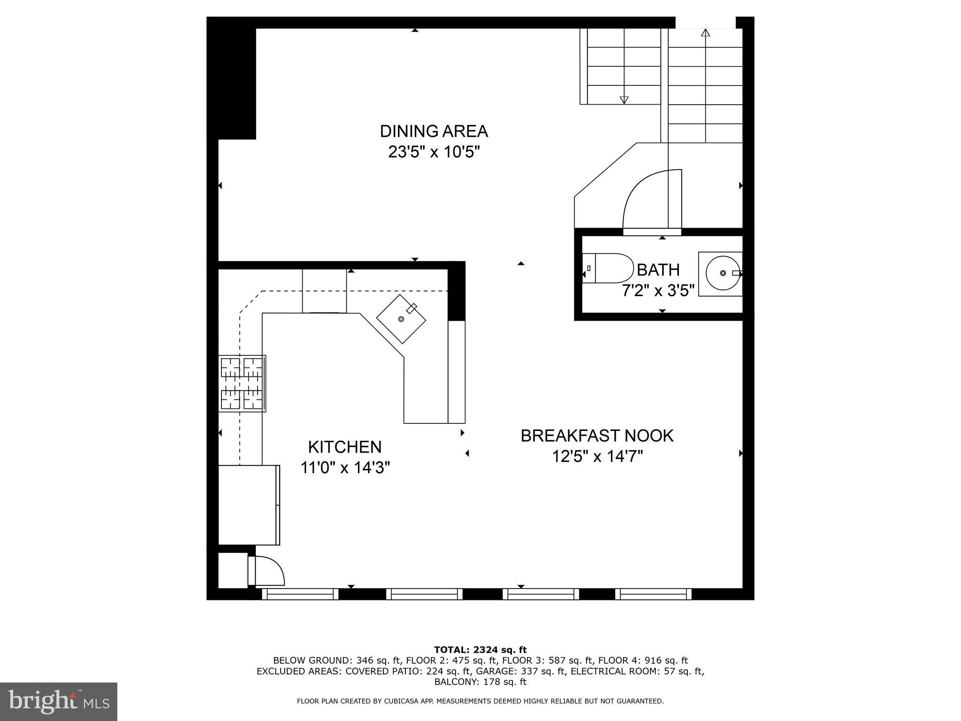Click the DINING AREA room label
point(434,131)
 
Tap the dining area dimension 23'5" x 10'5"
point(434,152)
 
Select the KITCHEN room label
point(345,446)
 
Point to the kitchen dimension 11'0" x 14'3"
point(345,468)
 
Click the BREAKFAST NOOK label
point(597,436)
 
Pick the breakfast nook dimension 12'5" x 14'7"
point(597,456)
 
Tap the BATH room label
point(658,270)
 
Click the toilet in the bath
point(608,268)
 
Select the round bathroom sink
point(723,273)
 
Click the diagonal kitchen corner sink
point(401,319)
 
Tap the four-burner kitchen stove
point(242,384)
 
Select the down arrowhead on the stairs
point(624,100)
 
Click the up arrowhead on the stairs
point(705,32)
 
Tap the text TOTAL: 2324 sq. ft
point(480,650)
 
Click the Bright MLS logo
point(59,701)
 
